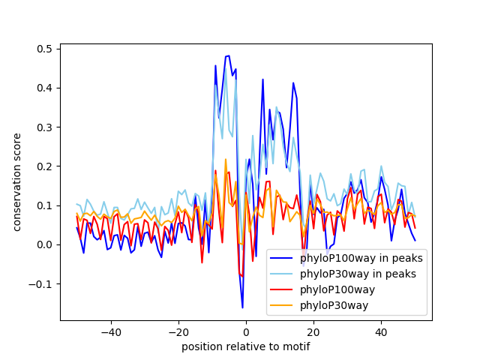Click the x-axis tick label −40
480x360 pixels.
pos(110,331)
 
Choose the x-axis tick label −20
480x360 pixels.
pos(178,331)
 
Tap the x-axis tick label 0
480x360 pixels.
pos(246,331)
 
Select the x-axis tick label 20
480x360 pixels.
pos(313,331)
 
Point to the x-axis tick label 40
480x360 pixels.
pos(381,331)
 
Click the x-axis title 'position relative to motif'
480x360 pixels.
pos(245,346)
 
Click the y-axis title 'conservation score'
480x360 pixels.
pos(16,181)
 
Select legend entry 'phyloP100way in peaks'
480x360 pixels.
pos(361,259)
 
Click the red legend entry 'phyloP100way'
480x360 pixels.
pos(337,289)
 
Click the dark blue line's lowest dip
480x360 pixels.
pos(242,307)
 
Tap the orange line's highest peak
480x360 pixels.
pos(225,159)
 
